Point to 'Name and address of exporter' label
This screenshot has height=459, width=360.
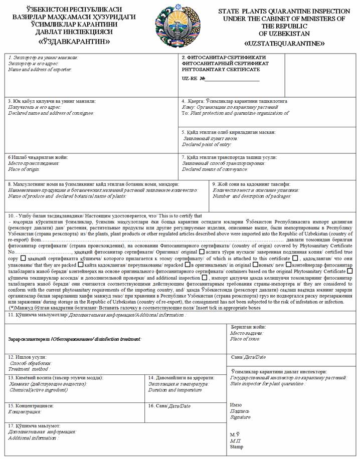point(40,70)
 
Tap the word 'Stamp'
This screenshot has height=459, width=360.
point(237,447)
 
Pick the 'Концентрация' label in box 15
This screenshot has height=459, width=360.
point(25,412)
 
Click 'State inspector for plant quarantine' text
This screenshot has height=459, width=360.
point(268,383)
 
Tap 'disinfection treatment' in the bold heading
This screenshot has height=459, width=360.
point(112,339)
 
